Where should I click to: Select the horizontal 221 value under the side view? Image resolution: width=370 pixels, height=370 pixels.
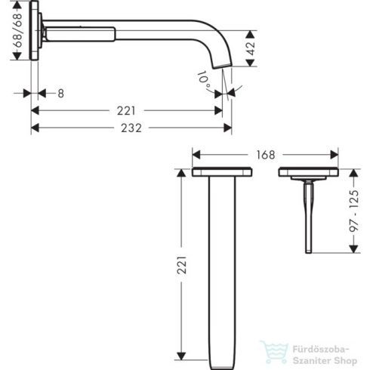coord(126,110)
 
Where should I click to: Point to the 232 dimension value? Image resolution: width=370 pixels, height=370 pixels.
coord(130,128)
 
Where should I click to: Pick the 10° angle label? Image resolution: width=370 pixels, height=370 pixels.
coord(204,79)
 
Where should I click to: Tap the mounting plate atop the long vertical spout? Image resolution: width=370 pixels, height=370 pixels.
coord(224,173)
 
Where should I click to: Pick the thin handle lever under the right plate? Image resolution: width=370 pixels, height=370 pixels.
coord(307,219)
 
